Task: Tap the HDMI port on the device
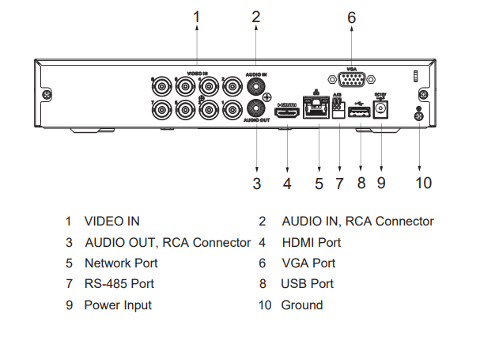(287, 112)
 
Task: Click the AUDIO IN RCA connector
(256, 83)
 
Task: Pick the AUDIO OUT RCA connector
(256, 108)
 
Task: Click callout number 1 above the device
(197, 16)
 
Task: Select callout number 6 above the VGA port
(351, 17)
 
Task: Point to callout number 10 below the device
(423, 183)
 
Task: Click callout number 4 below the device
(287, 184)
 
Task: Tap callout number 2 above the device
(256, 16)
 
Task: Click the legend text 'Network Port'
(121, 263)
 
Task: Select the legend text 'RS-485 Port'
(119, 283)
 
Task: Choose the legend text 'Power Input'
(118, 305)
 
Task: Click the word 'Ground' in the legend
(302, 305)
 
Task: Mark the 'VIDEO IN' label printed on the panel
(197, 73)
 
